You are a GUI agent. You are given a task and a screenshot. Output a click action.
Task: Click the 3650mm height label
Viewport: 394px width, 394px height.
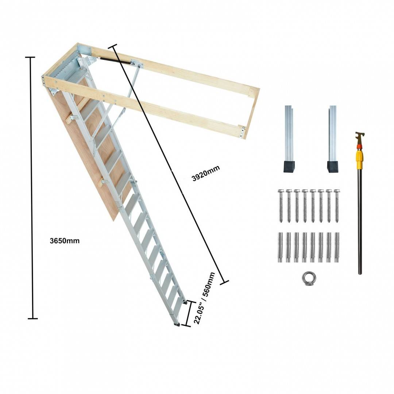(x=65, y=241)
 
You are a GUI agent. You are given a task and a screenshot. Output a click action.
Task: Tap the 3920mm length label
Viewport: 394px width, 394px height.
(x=206, y=173)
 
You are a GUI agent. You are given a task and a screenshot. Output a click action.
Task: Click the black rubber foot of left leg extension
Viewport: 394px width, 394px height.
(x=289, y=167)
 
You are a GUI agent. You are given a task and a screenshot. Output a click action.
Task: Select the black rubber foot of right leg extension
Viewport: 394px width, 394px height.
(x=333, y=167)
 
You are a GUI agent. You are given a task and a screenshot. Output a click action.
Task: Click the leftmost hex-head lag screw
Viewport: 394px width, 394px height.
(x=281, y=206)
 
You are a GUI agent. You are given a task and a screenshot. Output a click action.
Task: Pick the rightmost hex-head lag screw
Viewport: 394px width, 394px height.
(x=337, y=206)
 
